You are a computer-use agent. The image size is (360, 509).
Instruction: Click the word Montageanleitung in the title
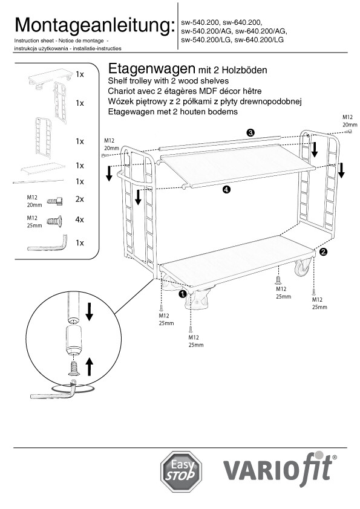click(x=93, y=25)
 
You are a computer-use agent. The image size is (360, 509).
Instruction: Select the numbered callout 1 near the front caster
click(x=183, y=294)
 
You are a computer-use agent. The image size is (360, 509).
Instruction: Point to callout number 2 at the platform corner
click(x=323, y=251)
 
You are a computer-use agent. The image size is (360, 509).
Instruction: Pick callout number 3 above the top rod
click(x=250, y=132)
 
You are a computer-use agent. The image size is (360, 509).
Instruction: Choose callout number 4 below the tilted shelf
click(x=227, y=190)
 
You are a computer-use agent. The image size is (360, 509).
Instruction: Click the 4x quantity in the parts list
click(x=80, y=220)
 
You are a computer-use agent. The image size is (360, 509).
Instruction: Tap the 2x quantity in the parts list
click(x=80, y=199)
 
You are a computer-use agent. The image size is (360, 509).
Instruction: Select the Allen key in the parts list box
click(x=47, y=244)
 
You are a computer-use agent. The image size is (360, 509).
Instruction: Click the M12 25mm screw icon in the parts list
click(x=54, y=221)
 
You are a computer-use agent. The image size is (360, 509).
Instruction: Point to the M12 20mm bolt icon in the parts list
click(x=55, y=201)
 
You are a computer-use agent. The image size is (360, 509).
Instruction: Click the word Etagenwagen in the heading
click(x=151, y=69)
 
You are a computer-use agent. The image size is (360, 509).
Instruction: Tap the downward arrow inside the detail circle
click(x=89, y=312)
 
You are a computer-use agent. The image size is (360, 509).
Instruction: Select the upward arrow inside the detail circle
click(x=89, y=366)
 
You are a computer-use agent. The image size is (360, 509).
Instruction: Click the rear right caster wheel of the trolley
click(x=303, y=267)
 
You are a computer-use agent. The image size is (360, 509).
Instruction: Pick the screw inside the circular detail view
click(x=74, y=369)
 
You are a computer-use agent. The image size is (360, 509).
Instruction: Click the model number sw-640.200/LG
click(x=259, y=40)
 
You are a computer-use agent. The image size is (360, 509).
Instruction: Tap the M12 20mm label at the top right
click(x=350, y=121)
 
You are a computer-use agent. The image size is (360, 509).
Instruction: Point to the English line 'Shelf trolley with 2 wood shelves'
click(x=168, y=81)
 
